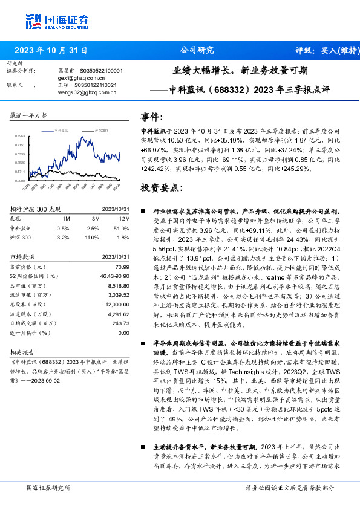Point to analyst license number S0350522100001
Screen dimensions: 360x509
101,71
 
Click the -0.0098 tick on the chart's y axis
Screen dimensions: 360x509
20,180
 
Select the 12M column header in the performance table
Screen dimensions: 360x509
124,218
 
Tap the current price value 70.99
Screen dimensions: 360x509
123,267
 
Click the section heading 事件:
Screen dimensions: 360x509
152,117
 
